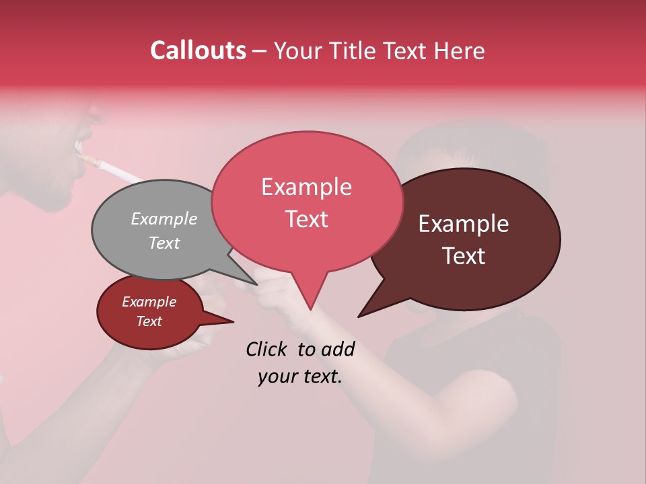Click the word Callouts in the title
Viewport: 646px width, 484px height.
point(198,50)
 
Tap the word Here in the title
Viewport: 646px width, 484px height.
point(460,50)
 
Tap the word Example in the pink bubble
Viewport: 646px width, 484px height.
point(306,187)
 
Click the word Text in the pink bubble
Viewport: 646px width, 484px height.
point(306,219)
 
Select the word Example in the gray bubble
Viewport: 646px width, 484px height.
point(164,218)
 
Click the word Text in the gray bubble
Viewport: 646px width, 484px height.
point(164,243)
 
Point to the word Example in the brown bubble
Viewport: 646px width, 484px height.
point(464,224)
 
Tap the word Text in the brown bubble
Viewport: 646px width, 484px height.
point(464,256)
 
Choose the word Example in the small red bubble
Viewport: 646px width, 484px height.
point(149,302)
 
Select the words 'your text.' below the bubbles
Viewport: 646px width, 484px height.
point(300,376)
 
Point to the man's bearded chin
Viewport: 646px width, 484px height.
point(57,198)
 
